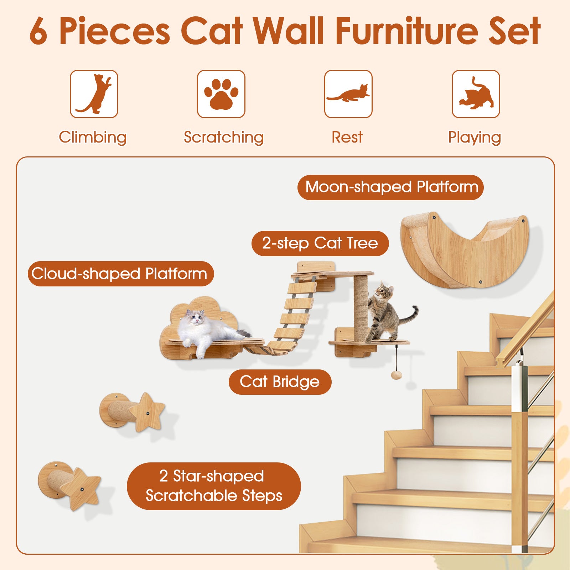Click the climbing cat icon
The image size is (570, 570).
94,94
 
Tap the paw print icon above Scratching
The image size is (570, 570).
221,94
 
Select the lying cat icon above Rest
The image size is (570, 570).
348,94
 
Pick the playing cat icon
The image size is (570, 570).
476,94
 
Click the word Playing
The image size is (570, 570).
474,138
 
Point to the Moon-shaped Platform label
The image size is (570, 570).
391,187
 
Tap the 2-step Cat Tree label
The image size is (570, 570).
320,243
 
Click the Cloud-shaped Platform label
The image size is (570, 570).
121,274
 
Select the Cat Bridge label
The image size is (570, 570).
280,382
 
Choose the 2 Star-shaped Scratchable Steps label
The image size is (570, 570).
214,486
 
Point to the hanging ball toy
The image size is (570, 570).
396,375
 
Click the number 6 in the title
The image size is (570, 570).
38,32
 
